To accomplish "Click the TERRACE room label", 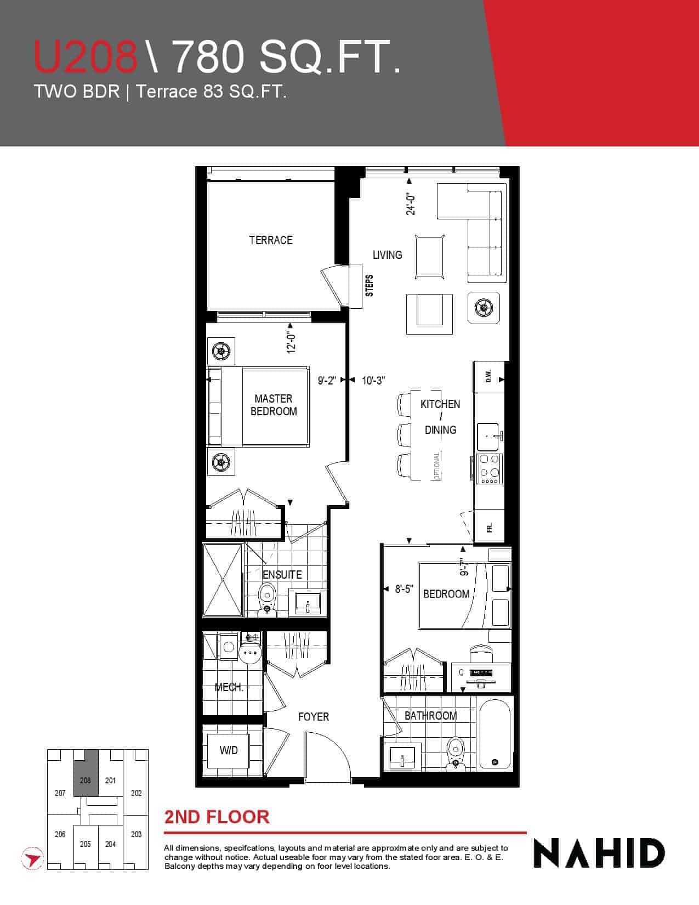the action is click(271, 240).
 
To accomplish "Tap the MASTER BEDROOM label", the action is click(274, 405).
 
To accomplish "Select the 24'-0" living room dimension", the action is click(411, 203).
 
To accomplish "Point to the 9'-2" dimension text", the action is click(327, 380).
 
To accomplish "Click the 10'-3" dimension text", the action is click(373, 380).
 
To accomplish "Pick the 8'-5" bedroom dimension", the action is click(404, 589).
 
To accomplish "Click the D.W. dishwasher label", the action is click(489, 376).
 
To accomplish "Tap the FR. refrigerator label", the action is click(489, 528).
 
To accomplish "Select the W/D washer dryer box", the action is click(228, 750).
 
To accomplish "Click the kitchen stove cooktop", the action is click(489, 468).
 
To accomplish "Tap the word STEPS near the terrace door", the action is click(370, 285).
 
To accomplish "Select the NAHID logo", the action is click(599, 853).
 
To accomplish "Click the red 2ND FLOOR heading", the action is click(217, 817).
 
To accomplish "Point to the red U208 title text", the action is click(86, 56).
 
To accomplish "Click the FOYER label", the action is click(314, 717).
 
